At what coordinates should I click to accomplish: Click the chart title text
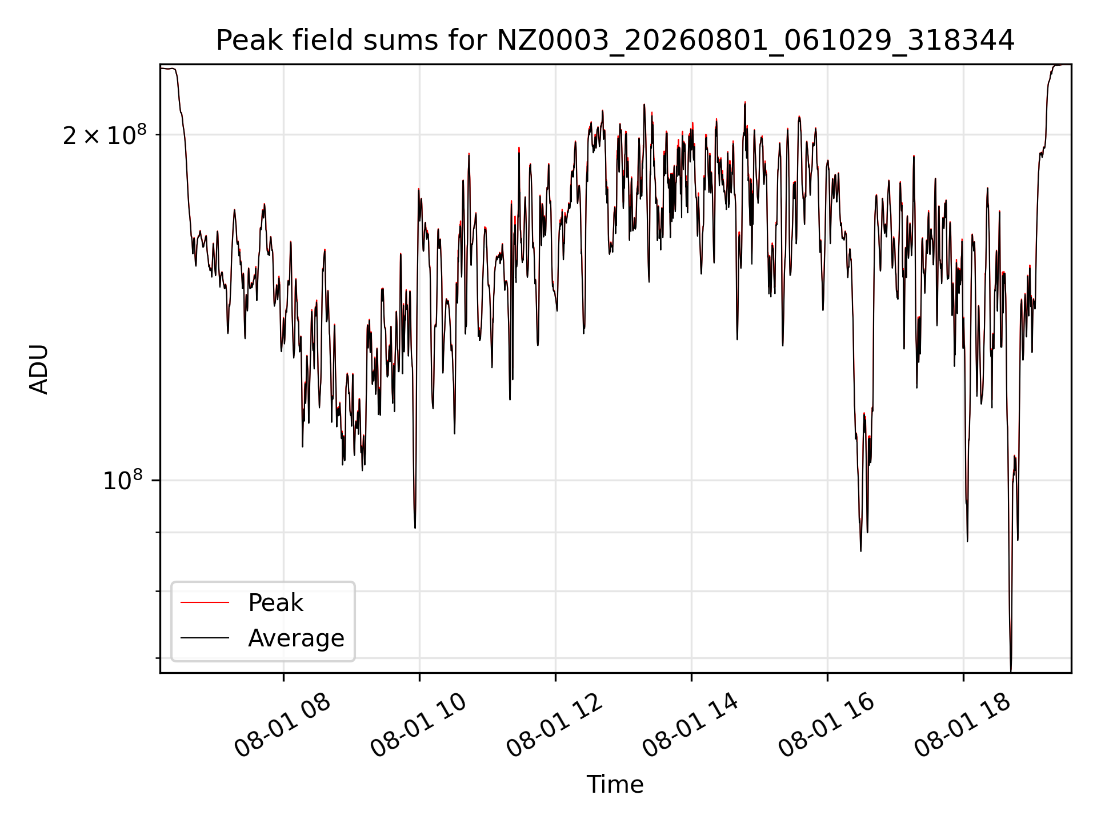[615, 41]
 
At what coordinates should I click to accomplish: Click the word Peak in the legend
[275, 603]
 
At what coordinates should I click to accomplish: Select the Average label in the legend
[296, 638]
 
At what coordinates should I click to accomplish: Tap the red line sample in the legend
[205, 602]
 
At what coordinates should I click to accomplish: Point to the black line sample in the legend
[205, 638]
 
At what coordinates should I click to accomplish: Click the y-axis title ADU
[39, 369]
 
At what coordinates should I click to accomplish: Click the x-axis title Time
[615, 785]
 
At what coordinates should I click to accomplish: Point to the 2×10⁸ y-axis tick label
[105, 135]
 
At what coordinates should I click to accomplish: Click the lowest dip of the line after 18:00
[1011, 670]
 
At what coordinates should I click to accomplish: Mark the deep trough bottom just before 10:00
[415, 527]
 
